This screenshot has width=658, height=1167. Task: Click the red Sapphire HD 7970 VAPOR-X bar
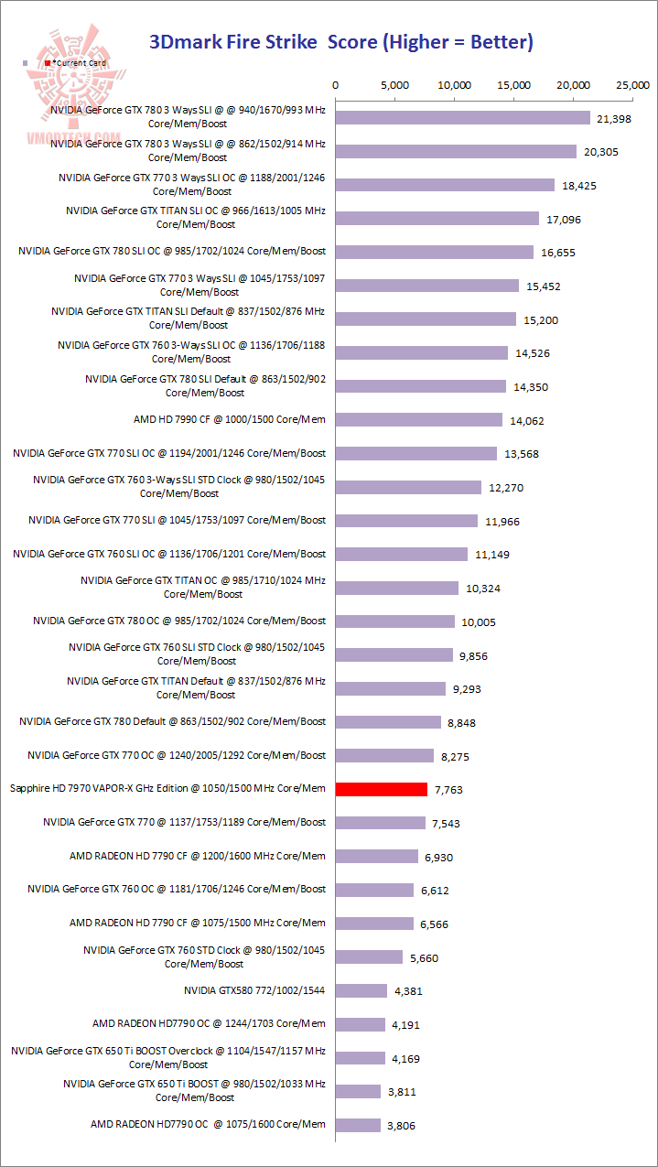382,789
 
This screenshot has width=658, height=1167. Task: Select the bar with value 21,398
463,118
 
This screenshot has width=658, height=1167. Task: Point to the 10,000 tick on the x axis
455,85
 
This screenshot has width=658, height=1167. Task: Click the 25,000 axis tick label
633,85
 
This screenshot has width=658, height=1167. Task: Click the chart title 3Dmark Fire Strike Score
340,42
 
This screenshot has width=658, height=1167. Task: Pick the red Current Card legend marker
48,62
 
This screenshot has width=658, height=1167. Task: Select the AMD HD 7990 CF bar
419,420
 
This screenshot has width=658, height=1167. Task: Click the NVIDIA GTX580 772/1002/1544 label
254,990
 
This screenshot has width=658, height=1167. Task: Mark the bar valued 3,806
358,1125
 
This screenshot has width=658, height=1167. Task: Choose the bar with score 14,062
419,420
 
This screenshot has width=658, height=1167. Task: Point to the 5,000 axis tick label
395,85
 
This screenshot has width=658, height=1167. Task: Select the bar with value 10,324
397,588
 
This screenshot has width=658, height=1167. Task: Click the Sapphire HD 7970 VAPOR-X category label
167,788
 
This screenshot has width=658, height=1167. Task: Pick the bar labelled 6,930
377,857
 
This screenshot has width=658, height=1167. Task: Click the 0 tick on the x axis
336,85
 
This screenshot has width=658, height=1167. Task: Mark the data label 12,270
506,488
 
